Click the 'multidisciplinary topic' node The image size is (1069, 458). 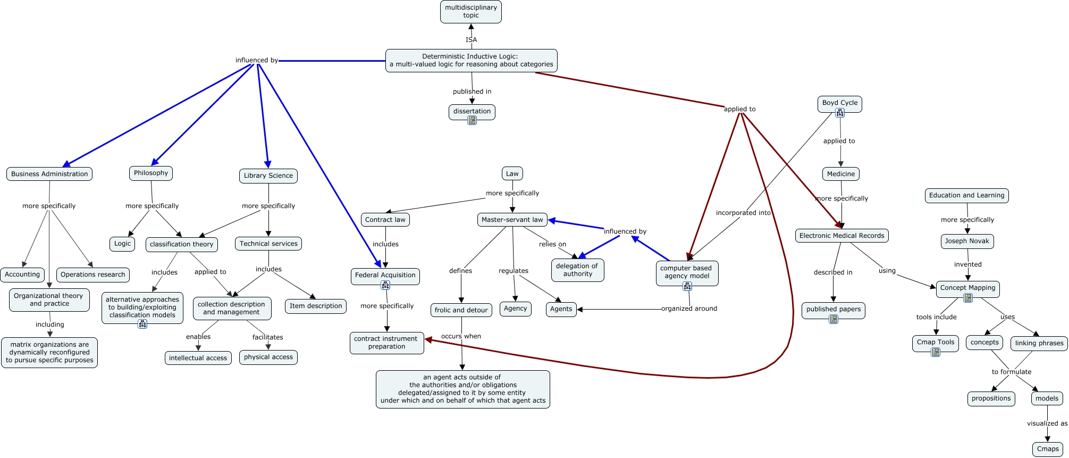tap(470, 12)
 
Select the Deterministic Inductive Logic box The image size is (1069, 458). tap(471, 61)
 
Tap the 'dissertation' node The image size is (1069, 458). tap(472, 111)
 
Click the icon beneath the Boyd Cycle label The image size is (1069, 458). tap(840, 113)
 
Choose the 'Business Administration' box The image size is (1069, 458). tap(49, 174)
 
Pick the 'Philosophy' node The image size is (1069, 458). tap(151, 173)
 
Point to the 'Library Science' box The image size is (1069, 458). tap(268, 176)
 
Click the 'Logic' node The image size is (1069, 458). tap(122, 244)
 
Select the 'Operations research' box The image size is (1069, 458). tap(92, 274)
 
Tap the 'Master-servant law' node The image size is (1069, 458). tap(512, 220)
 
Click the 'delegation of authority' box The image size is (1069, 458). tap(577, 270)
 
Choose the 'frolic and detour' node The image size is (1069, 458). tap(461, 310)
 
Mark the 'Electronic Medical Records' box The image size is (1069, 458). tap(841, 236)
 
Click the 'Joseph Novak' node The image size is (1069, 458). tap(967, 241)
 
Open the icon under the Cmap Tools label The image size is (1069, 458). tap(936, 352)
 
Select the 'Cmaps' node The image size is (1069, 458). tap(1048, 449)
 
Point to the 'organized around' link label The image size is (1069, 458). tap(689, 309)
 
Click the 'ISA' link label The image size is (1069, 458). tap(471, 40)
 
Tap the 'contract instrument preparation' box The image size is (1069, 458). tap(386, 343)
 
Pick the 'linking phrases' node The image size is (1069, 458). tap(1039, 343)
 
